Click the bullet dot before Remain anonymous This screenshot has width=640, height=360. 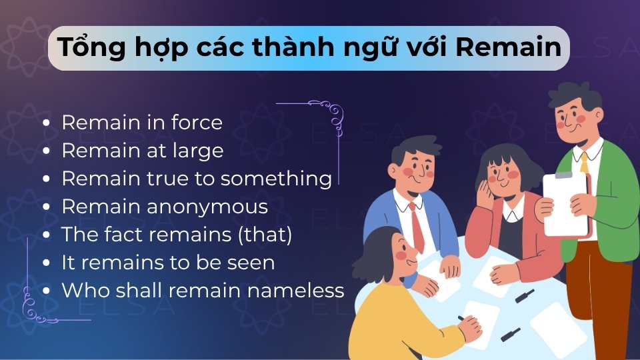[x=46, y=207]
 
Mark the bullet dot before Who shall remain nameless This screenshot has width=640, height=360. [x=46, y=291]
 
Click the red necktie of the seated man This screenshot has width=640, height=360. [x=417, y=227]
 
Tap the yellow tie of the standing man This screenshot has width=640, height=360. [x=584, y=163]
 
